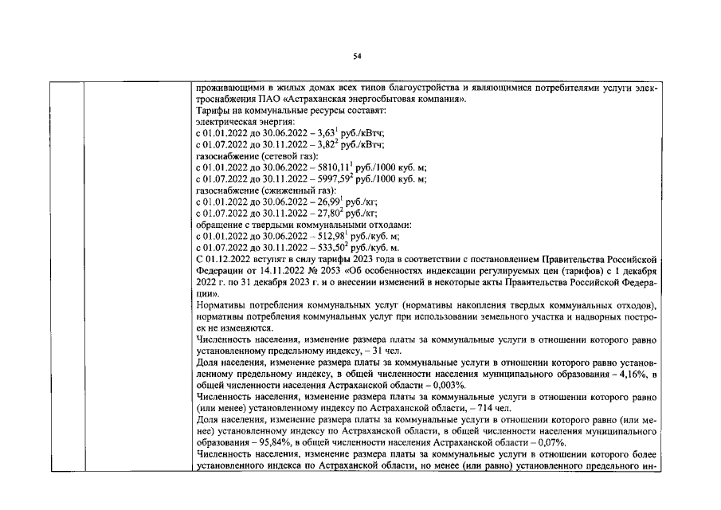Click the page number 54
(x=357, y=56)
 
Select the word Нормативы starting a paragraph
(x=221, y=305)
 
